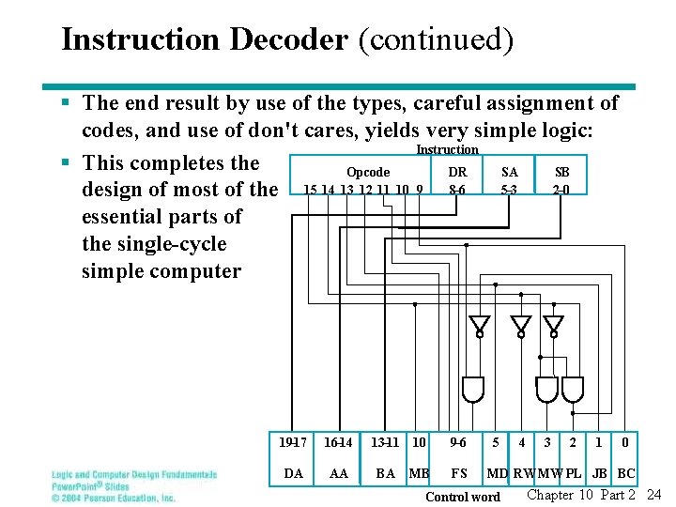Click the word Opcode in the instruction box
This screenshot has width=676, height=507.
pyautogui.click(x=368, y=172)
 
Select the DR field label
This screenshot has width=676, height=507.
pyautogui.click(x=457, y=172)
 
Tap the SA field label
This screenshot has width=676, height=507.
pyautogui.click(x=510, y=172)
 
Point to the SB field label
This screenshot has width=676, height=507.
pyautogui.click(x=561, y=172)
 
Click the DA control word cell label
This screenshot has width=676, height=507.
pyautogui.click(x=293, y=473)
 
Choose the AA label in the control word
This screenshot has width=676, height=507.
pyautogui.click(x=339, y=473)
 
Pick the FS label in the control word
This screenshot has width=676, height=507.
pyautogui.click(x=459, y=473)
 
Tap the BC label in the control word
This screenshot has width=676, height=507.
pyautogui.click(x=626, y=473)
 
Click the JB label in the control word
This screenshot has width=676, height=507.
pyautogui.click(x=600, y=473)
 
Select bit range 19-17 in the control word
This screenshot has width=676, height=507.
pyautogui.click(x=293, y=441)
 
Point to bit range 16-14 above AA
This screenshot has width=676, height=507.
pyautogui.click(x=339, y=441)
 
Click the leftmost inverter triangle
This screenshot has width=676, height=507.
pyautogui.click(x=479, y=326)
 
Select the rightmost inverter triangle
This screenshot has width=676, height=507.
pyautogui.click(x=555, y=326)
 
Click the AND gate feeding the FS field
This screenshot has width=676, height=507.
pyautogui.click(x=473, y=388)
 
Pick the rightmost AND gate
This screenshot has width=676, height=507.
pyautogui.click(x=573, y=388)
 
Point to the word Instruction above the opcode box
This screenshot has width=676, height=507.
pyautogui.click(x=447, y=149)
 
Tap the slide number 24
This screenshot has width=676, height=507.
pyautogui.click(x=654, y=495)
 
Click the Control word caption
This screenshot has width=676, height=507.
pyautogui.click(x=463, y=496)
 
